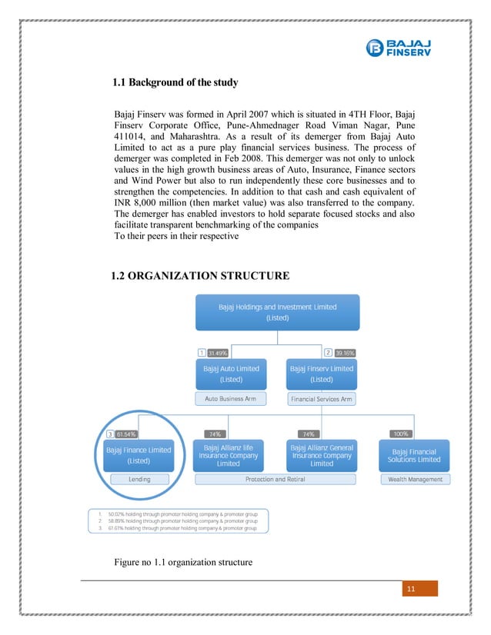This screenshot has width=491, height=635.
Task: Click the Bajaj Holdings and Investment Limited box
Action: point(277,311)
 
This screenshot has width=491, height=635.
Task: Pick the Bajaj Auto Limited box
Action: point(231,374)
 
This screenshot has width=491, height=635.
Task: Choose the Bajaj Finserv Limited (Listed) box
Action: point(321,374)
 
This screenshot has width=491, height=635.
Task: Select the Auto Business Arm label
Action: point(231,399)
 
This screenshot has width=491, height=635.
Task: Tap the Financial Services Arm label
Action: point(321,399)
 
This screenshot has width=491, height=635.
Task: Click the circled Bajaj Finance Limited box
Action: point(139,455)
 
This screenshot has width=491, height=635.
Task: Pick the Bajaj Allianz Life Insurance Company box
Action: point(228,454)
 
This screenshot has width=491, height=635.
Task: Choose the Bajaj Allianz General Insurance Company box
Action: point(322,454)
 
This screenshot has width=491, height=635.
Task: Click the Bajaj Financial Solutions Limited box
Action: point(416,455)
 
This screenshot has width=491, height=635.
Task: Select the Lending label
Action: point(139,479)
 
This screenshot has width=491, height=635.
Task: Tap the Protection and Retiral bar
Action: point(276,479)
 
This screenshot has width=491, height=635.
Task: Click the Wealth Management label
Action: point(416,479)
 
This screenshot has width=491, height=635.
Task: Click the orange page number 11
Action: point(410,589)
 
